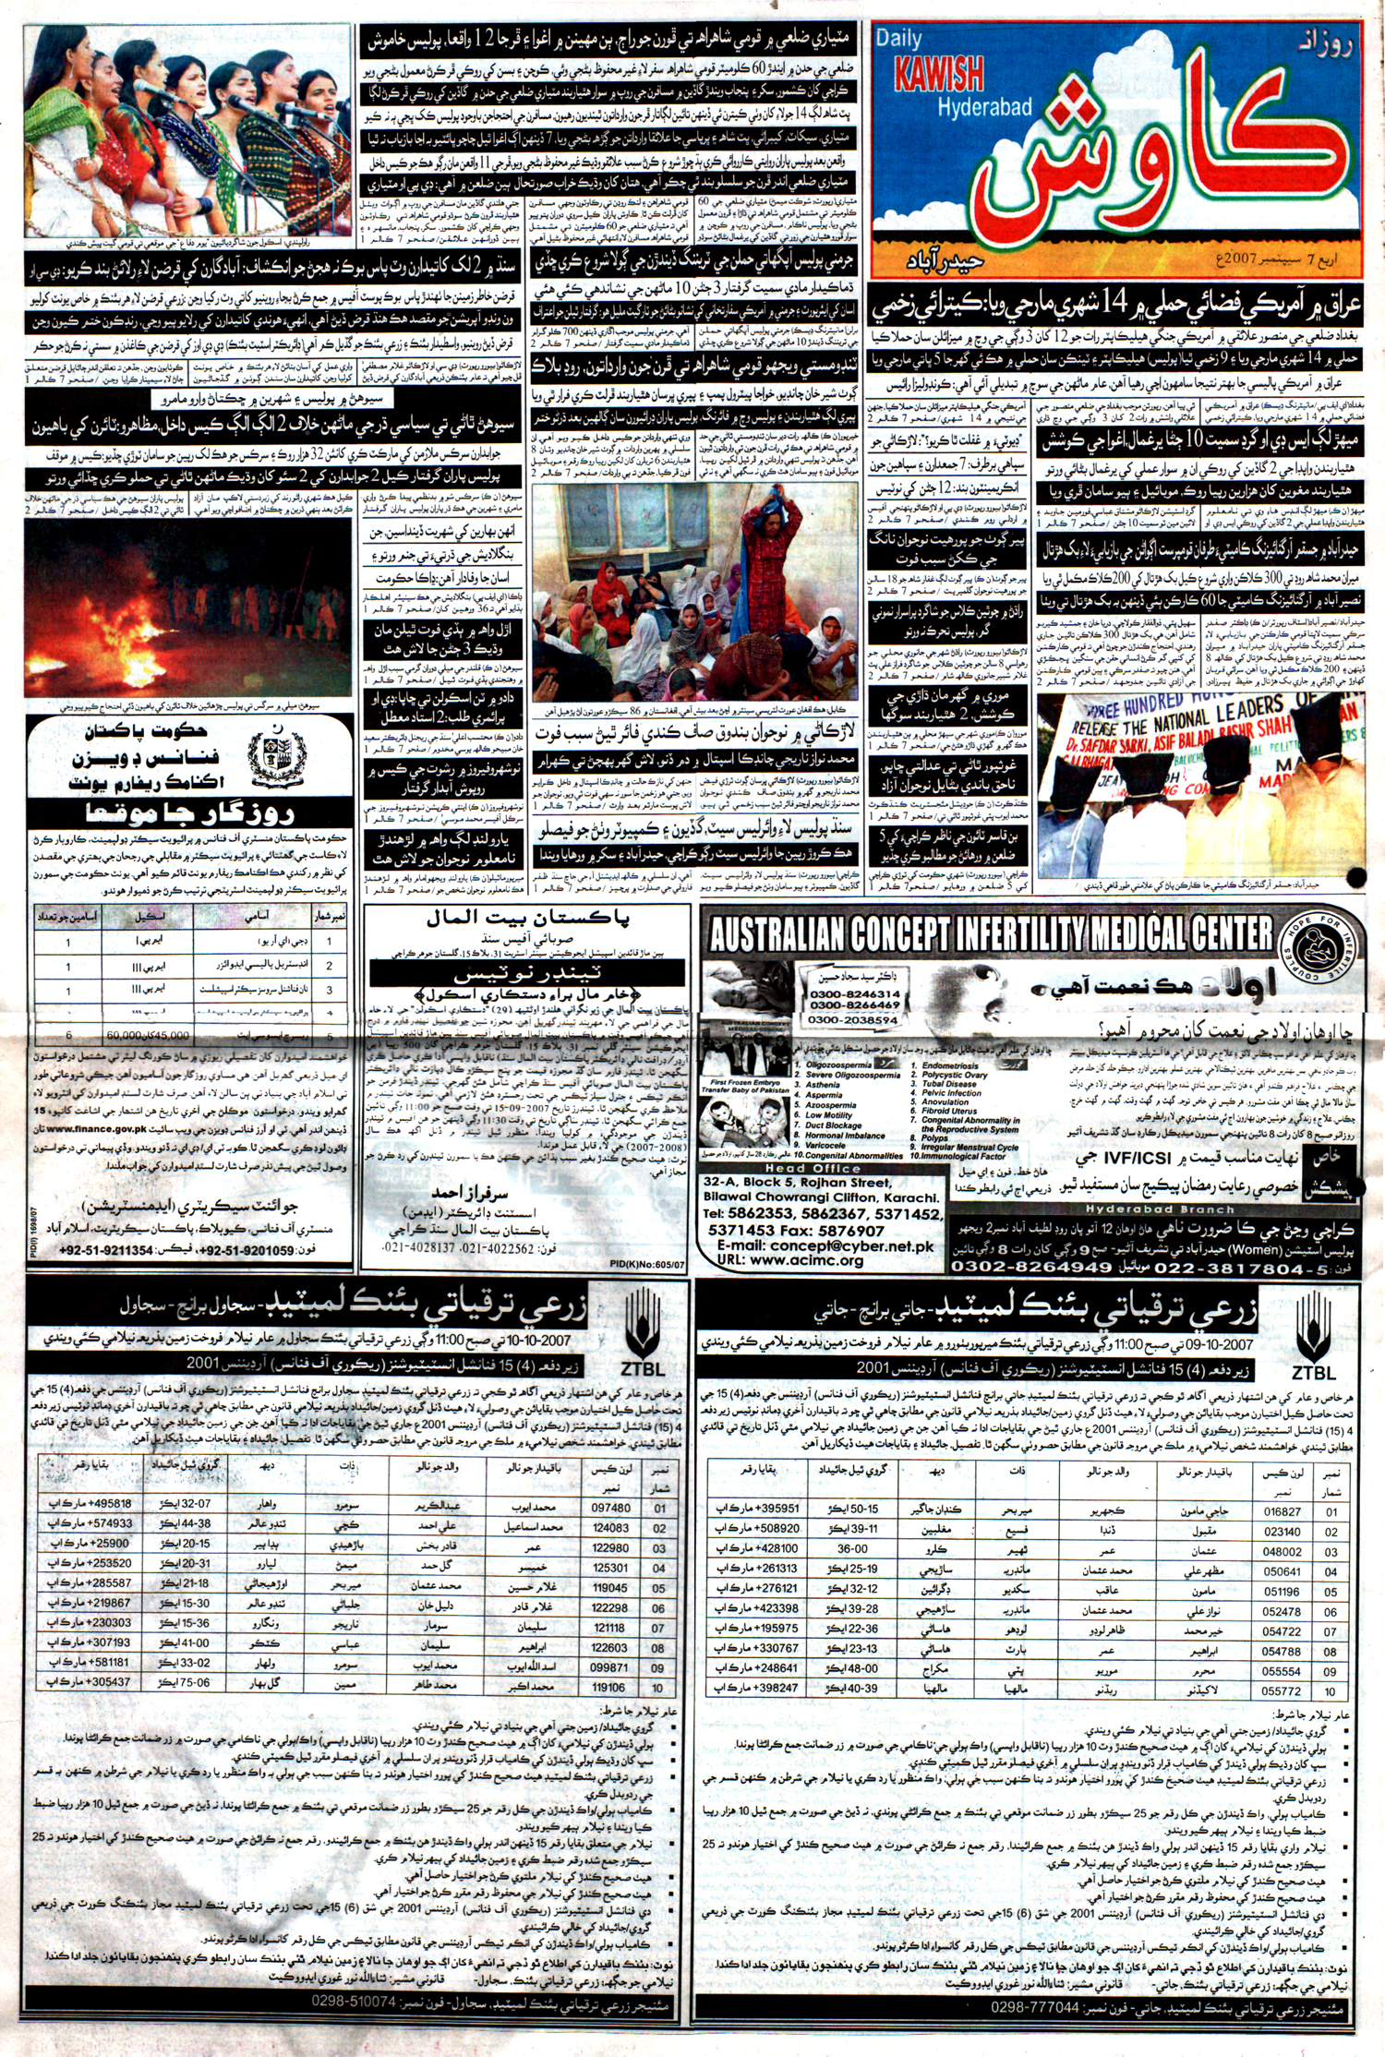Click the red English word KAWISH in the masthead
[x=938, y=75]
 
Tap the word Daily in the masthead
[x=899, y=39]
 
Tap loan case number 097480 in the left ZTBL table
[x=610, y=1508]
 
